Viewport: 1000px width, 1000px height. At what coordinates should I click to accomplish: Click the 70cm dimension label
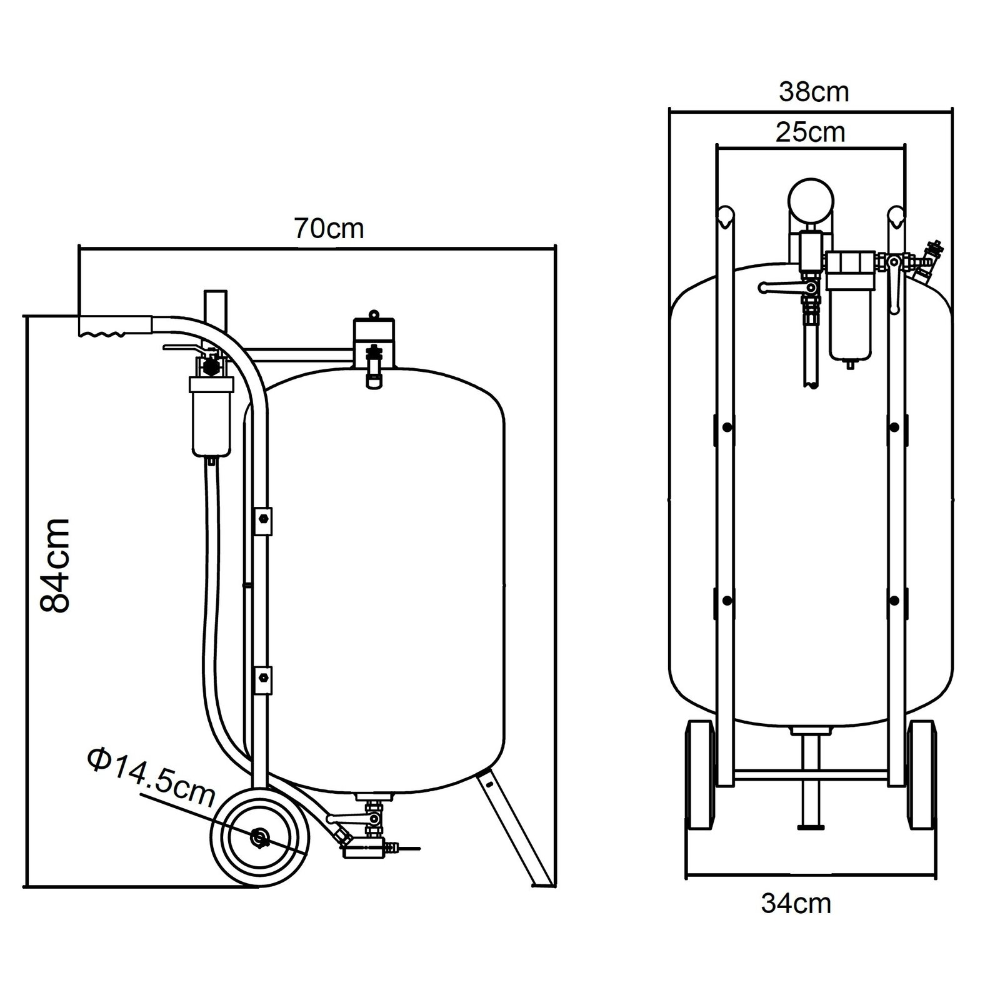coord(329,229)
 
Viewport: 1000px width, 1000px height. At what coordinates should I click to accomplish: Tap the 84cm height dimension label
coord(55,564)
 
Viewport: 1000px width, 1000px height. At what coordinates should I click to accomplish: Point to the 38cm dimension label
coord(814,92)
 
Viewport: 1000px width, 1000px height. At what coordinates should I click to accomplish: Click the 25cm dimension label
coord(811,132)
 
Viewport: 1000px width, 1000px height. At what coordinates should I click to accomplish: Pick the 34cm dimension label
coord(796,904)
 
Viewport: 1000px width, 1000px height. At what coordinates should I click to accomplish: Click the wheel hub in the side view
coord(259,837)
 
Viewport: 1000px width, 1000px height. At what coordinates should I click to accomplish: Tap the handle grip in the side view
coord(115,326)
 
